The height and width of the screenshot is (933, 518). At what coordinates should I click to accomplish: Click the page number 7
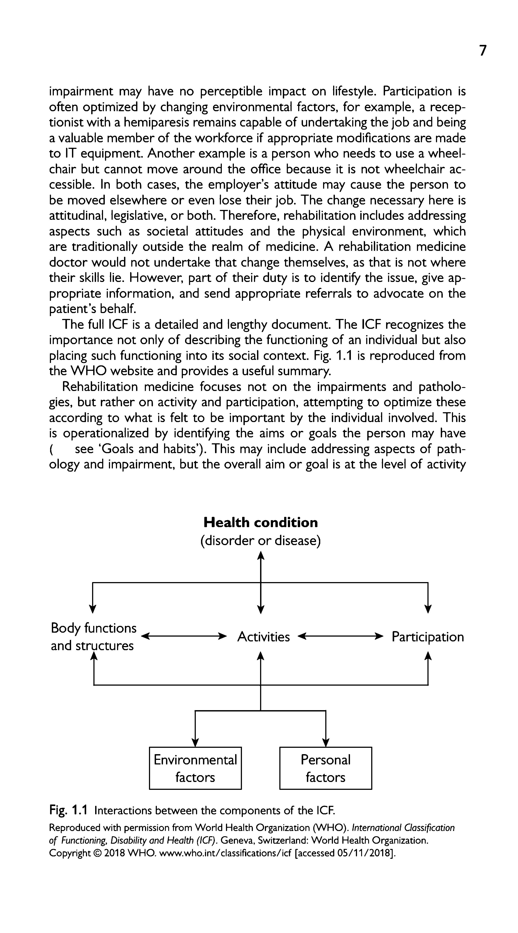click(x=483, y=51)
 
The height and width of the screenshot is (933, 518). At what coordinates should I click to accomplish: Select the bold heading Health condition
click(x=261, y=523)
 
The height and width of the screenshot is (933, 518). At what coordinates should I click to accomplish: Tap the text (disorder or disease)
click(x=261, y=541)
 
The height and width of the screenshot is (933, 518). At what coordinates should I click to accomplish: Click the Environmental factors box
click(x=195, y=768)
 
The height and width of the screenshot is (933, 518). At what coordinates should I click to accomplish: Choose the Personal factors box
click(x=325, y=768)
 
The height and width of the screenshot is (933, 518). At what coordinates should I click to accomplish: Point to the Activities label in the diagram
click(x=263, y=637)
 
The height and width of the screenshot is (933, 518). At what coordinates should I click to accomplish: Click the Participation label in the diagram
click(x=427, y=637)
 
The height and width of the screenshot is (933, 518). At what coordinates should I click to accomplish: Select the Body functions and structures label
click(x=93, y=637)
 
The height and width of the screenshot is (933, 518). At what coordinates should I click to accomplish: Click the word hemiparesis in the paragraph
click(x=157, y=122)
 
